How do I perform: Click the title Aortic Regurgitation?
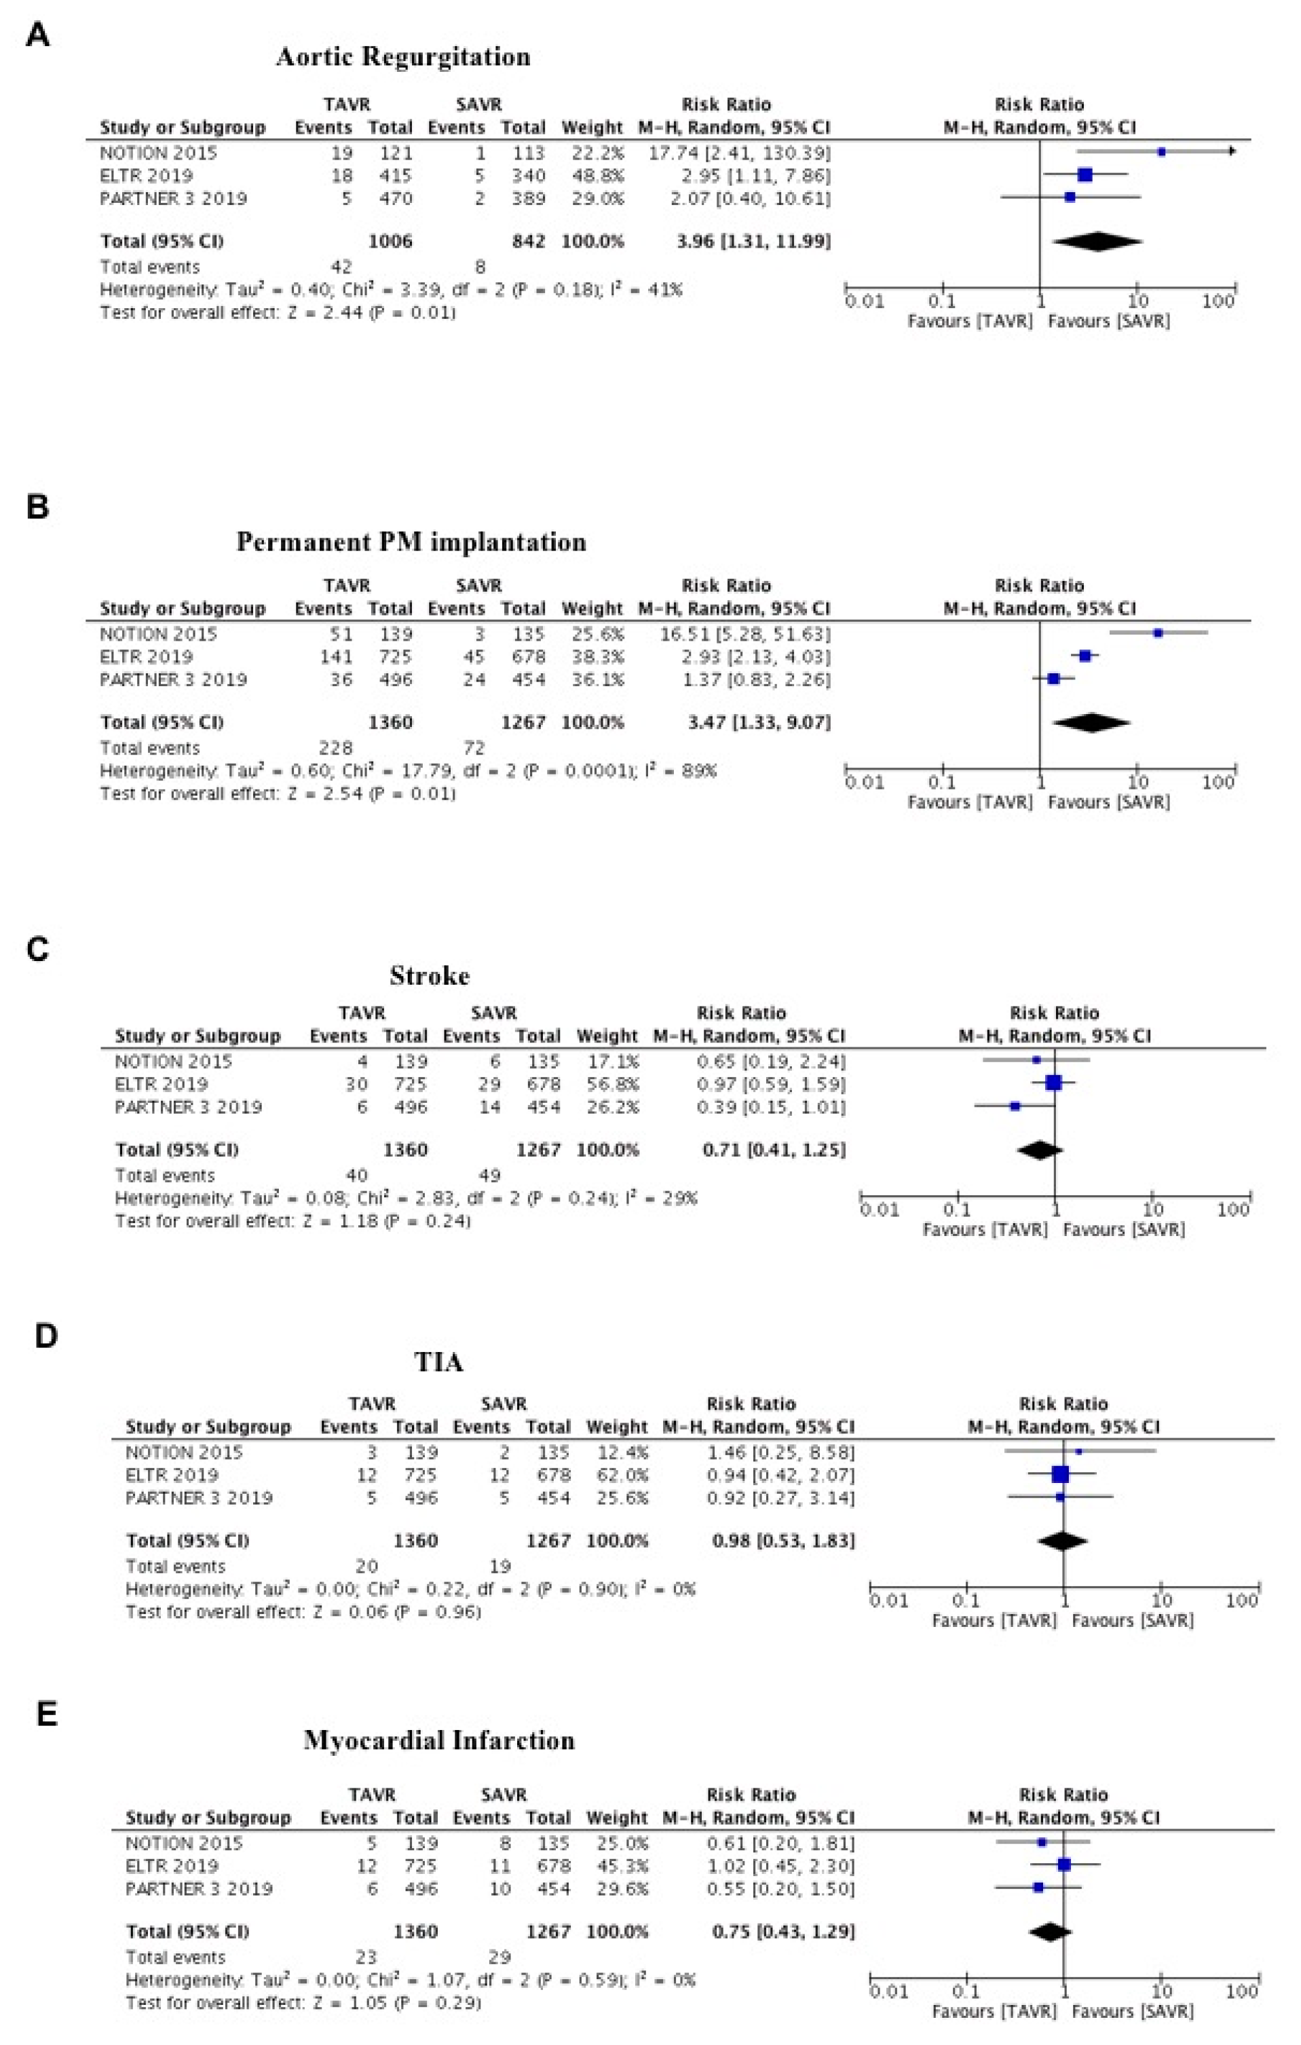tap(402, 57)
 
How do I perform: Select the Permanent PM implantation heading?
tap(411, 542)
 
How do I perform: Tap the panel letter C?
tap(38, 949)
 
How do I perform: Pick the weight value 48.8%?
tap(592, 176)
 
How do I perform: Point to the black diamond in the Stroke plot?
tap(1040, 1150)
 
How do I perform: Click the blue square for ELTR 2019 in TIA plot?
tap(1060, 1475)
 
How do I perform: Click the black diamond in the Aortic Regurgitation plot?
tap(1097, 242)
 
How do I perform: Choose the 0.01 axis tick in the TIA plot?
tap(889, 1602)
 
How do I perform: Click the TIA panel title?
tap(439, 1363)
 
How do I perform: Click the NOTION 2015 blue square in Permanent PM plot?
tap(1158, 633)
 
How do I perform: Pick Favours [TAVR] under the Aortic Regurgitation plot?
tap(970, 322)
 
